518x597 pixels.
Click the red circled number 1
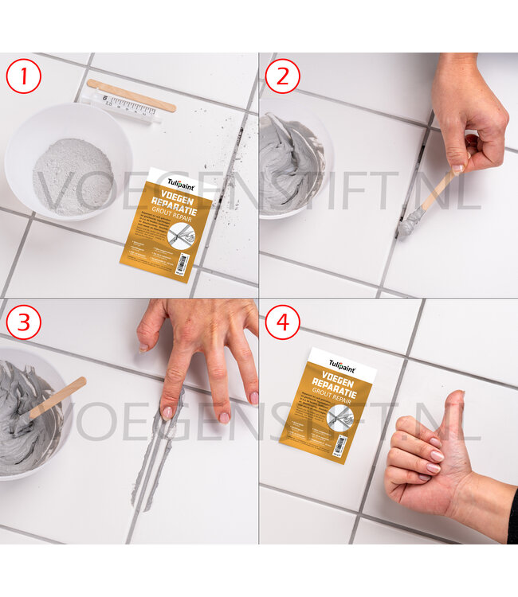pos(23,77)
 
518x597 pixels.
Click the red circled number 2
pos(282,76)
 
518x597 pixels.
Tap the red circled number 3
pos(23,322)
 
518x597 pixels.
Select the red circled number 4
pos(282,322)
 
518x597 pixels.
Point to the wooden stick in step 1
pos(131,95)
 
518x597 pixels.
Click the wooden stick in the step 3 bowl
pos(57,398)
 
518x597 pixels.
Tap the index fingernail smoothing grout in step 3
pos(167,413)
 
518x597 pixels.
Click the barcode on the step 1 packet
pos(182,261)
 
